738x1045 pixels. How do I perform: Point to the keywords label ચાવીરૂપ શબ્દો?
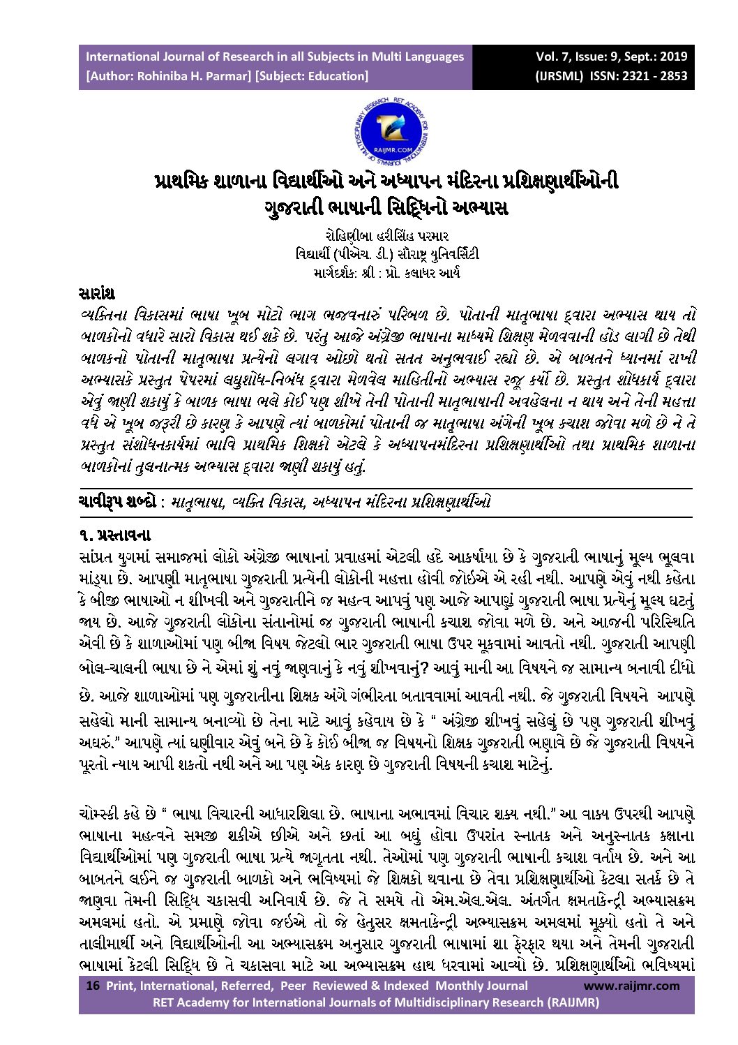click(116, 502)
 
